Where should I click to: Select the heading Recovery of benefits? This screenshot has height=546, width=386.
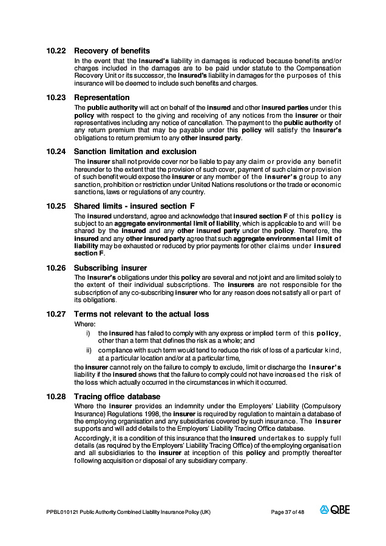point(112,51)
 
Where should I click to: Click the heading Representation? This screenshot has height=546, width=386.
point(101,98)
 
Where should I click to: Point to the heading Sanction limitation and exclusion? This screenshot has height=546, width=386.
point(135,151)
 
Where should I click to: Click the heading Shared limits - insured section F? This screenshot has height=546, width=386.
point(137,206)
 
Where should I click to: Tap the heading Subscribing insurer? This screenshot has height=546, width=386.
point(110,268)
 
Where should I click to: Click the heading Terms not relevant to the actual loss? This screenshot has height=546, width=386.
point(141,314)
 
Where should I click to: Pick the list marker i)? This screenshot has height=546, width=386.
point(88,333)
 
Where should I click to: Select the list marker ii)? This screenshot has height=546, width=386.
point(88,350)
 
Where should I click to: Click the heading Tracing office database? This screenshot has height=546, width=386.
point(117,397)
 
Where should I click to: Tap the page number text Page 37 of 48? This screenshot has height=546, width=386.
point(287,512)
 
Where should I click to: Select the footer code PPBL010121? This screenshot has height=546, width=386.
point(62,512)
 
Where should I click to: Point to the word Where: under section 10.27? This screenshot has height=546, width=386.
point(85,324)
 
